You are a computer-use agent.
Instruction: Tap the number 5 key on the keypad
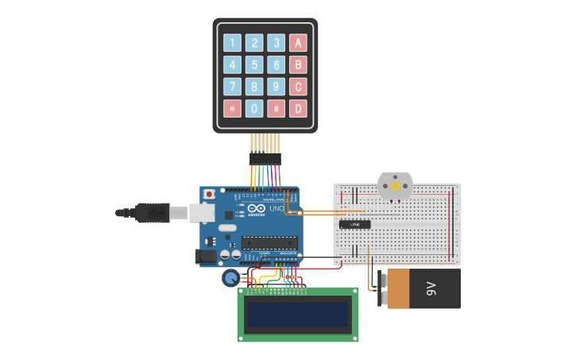254,64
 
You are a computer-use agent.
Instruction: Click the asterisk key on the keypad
232,108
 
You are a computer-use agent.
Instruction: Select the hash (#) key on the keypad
276,108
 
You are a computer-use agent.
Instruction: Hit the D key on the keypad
298,108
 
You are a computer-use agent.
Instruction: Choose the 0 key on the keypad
254,108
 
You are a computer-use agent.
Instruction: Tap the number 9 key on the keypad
276,87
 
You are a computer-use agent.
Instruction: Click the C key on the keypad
298,87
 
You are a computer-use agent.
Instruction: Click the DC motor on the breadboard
394,186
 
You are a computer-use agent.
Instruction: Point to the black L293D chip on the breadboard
355,224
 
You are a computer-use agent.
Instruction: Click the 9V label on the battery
431,288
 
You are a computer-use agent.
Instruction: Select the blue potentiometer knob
231,277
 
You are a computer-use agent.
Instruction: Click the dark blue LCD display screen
298,315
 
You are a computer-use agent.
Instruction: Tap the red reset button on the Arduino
209,194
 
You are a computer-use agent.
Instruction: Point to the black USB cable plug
152,212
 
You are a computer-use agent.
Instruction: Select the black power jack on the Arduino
206,256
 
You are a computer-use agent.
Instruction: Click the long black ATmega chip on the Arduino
269,242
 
